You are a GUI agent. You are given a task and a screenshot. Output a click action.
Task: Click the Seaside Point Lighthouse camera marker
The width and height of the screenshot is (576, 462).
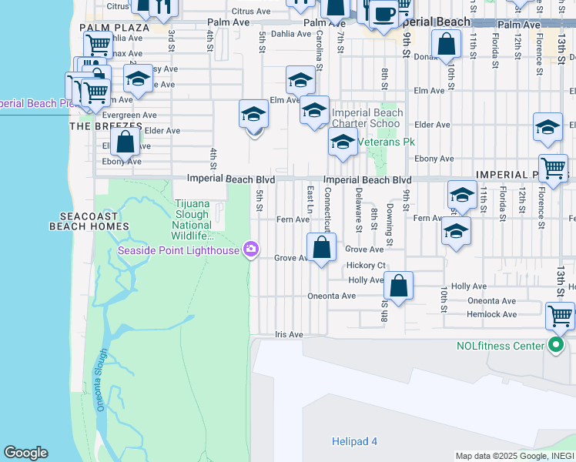pos(250,249)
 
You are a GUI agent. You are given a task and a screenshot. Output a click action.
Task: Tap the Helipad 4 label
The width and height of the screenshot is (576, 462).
pos(354,441)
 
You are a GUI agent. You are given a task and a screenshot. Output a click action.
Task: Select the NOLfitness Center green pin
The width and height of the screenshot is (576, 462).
pos(554,345)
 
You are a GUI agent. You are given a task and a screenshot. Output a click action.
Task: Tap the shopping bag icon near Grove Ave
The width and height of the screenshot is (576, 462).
pos(322,248)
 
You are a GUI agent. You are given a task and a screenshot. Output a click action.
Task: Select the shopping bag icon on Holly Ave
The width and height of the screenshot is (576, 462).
pos(398,286)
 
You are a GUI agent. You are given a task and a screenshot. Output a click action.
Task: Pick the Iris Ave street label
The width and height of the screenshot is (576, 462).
pos(289,335)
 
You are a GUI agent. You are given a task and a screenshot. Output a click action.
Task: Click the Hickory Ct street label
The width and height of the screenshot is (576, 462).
pos(366,265)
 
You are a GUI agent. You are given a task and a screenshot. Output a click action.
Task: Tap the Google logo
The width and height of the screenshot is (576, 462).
pos(25,453)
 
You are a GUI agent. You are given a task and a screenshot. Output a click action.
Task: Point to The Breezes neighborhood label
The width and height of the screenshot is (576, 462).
pos(106,125)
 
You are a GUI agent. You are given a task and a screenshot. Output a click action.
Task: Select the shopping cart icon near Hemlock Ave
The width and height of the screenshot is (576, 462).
pos(560,316)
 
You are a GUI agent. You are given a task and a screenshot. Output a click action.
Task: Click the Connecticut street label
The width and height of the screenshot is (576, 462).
pos(327,209)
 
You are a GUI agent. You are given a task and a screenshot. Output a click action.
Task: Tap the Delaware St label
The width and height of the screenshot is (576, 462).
pos(359,209)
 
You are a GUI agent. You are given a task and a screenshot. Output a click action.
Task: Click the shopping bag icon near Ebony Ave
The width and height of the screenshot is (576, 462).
pos(125,142)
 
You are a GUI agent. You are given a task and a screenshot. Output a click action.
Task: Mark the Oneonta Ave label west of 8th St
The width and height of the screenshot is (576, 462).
pos(331,296)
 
